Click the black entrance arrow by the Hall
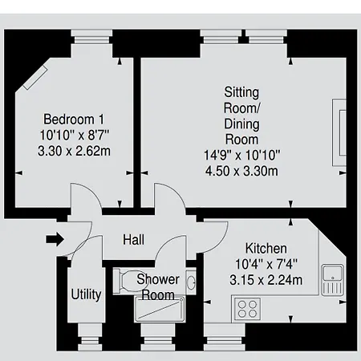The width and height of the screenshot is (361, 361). [x=55, y=239]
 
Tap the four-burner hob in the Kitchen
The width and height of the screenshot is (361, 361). [x=247, y=309]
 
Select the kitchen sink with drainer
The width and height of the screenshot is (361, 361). [x=332, y=280]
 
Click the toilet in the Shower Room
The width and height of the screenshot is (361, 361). [x=126, y=282]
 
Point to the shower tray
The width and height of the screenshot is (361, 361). [x=160, y=309]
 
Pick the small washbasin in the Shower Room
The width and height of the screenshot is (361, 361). [x=191, y=282]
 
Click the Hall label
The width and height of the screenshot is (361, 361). [x=133, y=240]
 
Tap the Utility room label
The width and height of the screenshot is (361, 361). [x=86, y=295]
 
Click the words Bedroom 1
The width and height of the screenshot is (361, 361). [x=74, y=120]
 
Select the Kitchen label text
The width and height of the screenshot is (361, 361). [x=266, y=249]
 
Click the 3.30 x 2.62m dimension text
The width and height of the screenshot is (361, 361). [x=74, y=151]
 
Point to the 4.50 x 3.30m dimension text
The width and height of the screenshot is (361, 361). [x=241, y=171]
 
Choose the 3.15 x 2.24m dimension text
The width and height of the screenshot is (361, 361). [x=266, y=280]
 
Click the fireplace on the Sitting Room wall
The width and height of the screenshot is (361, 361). [x=339, y=132]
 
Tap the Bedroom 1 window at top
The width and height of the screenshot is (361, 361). [x=91, y=37]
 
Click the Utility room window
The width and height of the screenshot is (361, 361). [x=90, y=337]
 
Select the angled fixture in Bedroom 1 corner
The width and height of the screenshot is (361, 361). [x=35, y=78]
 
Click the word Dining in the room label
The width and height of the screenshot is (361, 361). [x=241, y=124]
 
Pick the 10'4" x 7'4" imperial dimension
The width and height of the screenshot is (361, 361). [x=266, y=264]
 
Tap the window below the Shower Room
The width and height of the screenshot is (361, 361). [x=158, y=337]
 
